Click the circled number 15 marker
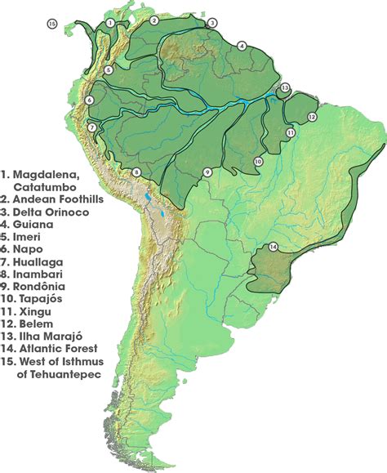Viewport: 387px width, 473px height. (x=53, y=24)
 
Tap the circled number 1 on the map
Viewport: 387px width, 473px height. (x=109, y=23)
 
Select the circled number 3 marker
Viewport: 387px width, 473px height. (x=212, y=23)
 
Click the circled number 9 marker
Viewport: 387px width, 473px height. (x=207, y=172)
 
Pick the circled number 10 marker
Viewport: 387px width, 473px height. (x=257, y=163)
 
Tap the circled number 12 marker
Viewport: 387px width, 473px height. (x=312, y=118)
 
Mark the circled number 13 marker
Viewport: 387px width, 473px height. (x=285, y=87)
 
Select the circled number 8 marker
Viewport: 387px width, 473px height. (x=137, y=172)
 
